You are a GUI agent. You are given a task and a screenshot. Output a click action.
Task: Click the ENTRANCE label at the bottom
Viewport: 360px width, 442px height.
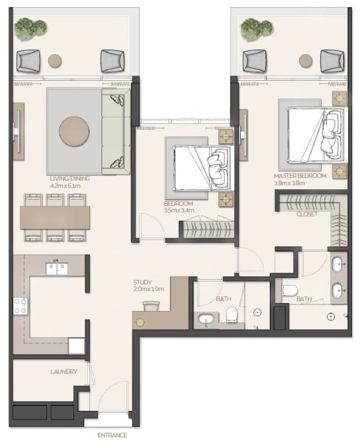(112, 435)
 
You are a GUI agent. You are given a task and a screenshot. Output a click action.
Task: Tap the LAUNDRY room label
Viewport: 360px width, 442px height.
(64, 372)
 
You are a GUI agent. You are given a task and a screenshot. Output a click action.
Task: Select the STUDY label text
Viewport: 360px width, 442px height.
(142, 282)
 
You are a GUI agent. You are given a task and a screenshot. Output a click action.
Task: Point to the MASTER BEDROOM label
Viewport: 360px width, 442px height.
(300, 176)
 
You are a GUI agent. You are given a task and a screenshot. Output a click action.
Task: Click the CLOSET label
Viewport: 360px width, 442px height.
(307, 214)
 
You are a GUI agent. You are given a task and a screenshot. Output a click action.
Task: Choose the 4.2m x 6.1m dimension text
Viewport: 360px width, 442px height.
(66, 186)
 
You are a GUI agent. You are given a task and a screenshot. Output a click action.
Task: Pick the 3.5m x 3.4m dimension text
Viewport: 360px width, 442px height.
(179, 210)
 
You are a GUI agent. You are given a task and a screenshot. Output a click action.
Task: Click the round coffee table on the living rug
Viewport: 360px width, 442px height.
(74, 132)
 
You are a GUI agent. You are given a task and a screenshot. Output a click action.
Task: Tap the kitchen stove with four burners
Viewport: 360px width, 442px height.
(21, 306)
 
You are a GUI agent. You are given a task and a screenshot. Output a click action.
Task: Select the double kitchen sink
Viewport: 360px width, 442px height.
(57, 269)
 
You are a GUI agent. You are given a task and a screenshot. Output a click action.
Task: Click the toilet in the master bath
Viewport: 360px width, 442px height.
(290, 290)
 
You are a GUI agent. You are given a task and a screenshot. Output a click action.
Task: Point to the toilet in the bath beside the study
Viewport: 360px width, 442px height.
(232, 314)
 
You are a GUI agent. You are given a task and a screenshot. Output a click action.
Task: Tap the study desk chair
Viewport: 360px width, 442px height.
(152, 306)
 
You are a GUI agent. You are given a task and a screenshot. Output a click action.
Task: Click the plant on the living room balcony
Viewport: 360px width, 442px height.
(30, 28)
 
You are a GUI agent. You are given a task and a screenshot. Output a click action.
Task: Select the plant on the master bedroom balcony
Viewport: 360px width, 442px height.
(257, 29)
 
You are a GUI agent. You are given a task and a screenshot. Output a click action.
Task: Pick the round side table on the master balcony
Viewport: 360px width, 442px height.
(306, 61)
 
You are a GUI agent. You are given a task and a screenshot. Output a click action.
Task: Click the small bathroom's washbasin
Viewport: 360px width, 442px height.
(206, 320)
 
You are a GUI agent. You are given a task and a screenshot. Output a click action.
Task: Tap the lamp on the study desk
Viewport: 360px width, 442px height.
(140, 322)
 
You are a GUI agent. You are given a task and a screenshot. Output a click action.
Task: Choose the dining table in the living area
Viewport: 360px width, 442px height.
(55, 217)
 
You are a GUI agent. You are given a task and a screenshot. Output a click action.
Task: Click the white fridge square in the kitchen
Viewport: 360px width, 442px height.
(76, 346)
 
